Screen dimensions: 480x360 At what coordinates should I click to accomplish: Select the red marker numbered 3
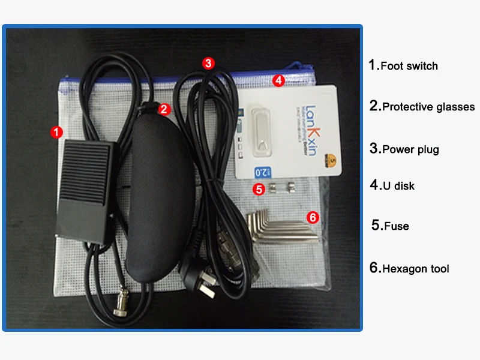208,62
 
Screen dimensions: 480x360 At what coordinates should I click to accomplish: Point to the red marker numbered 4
277,80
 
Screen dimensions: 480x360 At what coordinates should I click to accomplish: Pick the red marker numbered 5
259,190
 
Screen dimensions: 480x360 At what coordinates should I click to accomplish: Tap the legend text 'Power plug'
410,149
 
